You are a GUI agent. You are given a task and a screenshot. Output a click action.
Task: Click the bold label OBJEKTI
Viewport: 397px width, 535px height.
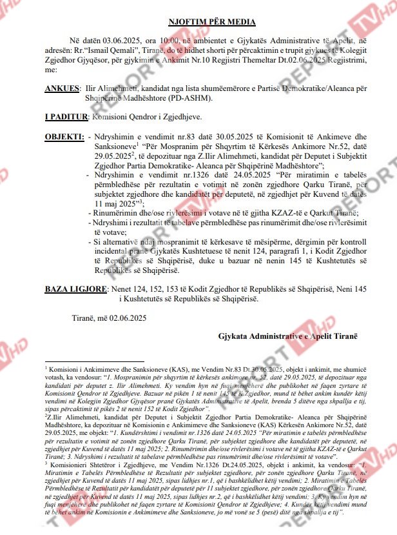[x=64, y=137]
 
